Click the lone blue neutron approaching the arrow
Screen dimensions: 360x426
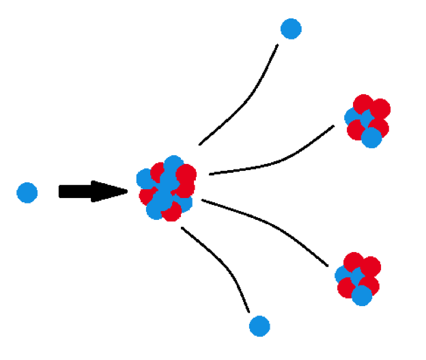[27, 193]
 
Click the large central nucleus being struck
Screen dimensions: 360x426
[167, 188]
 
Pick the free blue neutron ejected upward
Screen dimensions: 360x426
[291, 29]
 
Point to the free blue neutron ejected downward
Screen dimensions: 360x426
[259, 326]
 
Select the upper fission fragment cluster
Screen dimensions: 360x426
[368, 121]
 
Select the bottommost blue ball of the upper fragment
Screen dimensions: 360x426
[371, 138]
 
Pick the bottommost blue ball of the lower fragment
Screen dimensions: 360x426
[362, 295]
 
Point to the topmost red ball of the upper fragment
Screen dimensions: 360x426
[363, 103]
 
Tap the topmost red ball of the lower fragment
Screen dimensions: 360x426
[353, 261]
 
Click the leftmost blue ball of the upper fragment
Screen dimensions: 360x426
[353, 117]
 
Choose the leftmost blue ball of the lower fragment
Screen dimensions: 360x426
[343, 275]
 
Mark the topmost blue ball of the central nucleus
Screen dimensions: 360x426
[173, 164]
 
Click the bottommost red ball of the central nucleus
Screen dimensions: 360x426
[171, 212]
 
